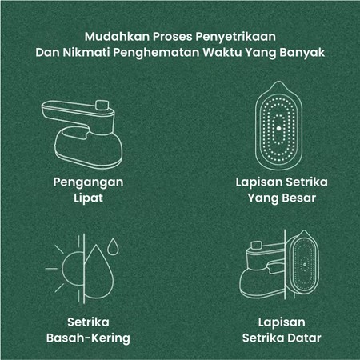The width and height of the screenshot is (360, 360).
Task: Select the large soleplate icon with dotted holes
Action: (x=277, y=129)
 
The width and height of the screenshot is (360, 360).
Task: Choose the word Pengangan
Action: (x=78, y=182)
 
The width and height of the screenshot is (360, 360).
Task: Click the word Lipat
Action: (x=78, y=198)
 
